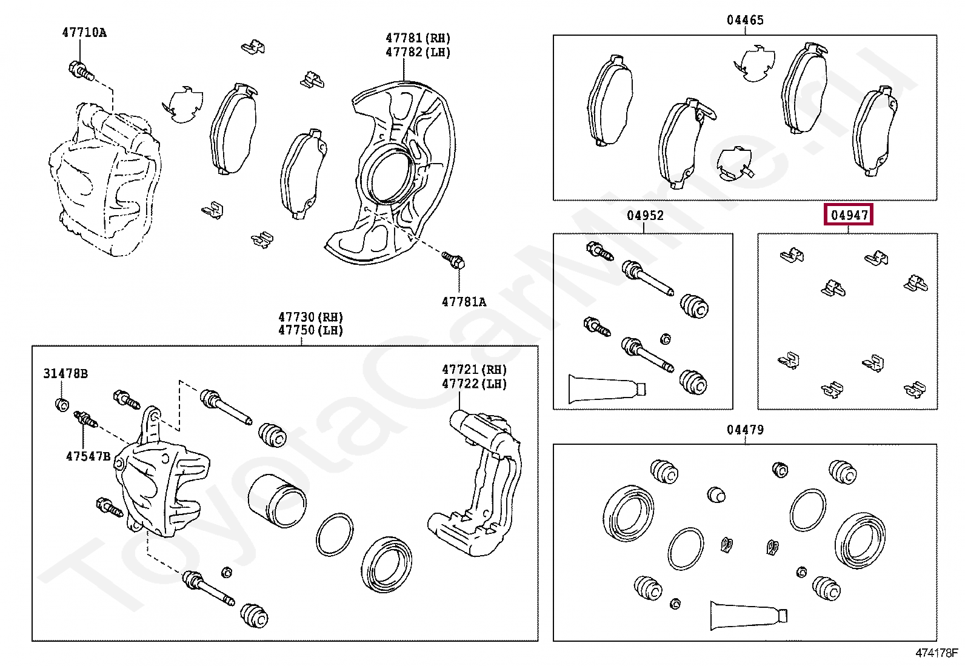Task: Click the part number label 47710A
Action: coord(84,33)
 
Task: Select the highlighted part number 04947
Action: coord(849,215)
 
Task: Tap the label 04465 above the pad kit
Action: coord(745,20)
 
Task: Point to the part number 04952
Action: coord(645,216)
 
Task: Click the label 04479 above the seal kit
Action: coord(745,430)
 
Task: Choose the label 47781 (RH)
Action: coord(418,38)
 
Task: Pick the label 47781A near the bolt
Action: coord(464,302)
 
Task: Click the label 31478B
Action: coord(65,373)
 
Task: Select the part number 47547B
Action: coord(88,456)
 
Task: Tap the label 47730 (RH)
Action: coord(310,317)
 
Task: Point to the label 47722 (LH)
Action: coord(474,384)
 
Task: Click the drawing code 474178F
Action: coord(937,653)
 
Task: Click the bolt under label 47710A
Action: coord(81,71)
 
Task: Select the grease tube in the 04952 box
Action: coord(606,388)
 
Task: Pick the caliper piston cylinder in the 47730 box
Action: coord(276,500)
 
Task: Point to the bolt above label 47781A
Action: coord(453,261)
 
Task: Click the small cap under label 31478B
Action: coord(62,404)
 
